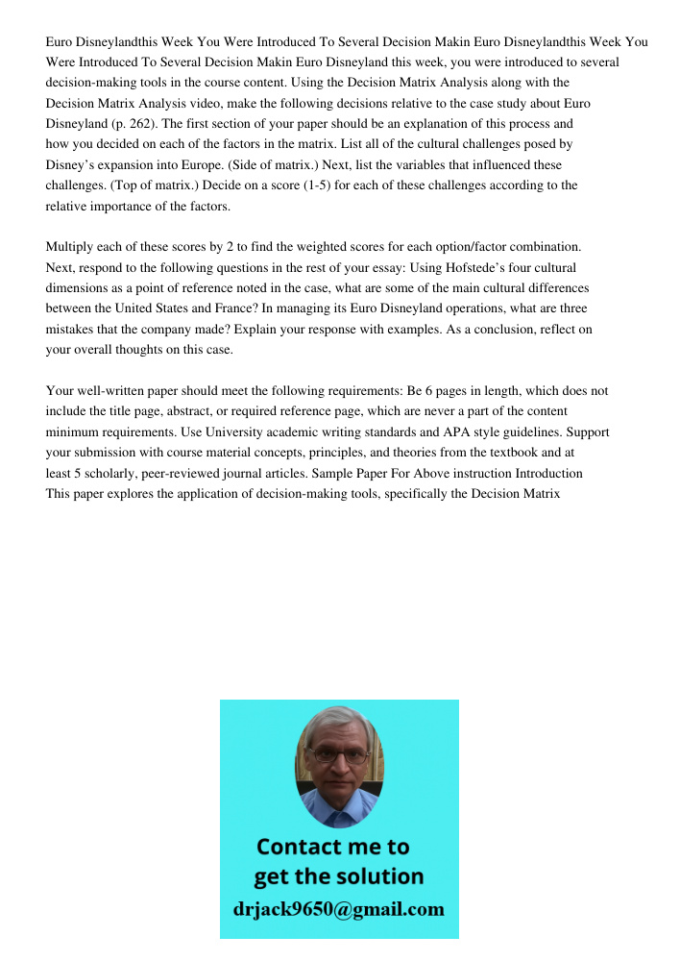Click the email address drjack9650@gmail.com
(339, 909)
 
